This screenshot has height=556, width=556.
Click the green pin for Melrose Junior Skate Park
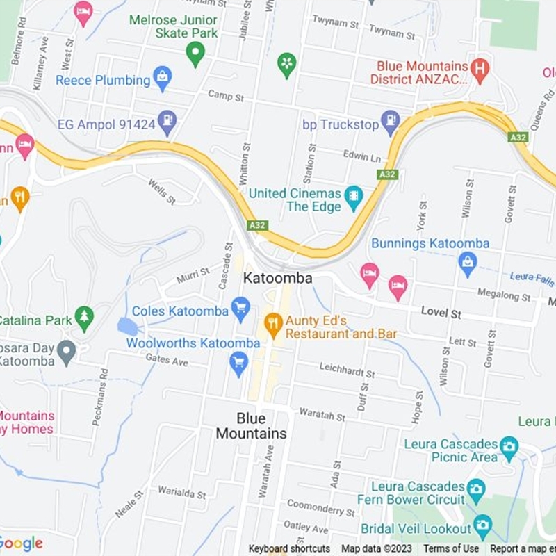tap(195, 53)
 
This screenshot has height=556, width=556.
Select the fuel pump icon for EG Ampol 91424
tap(167, 122)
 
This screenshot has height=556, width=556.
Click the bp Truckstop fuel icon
tap(391, 122)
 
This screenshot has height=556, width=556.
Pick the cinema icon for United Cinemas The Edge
tap(354, 199)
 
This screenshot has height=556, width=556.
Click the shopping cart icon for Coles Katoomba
tap(240, 309)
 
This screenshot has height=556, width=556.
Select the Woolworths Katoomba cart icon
tap(238, 363)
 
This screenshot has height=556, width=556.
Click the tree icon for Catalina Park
tap(84, 318)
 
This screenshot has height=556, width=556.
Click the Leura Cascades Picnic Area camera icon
tap(509, 448)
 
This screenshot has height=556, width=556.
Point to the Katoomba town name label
tap(277, 278)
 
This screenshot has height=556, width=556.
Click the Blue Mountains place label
tap(251, 426)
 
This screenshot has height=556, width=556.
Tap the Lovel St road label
tap(441, 313)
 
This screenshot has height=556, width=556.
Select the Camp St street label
tap(226, 96)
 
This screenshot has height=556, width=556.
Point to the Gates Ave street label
tap(167, 360)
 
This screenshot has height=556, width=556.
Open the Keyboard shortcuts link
tap(289, 549)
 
